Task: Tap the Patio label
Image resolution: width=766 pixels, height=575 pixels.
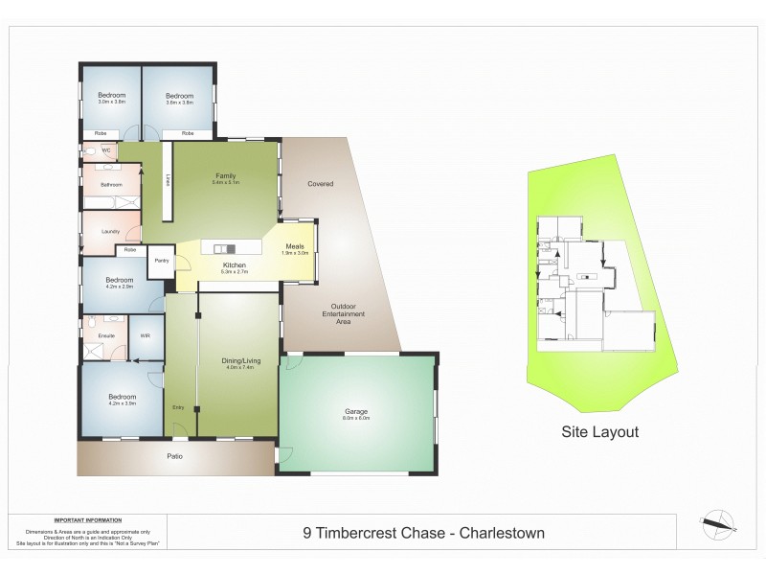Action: (x=174, y=455)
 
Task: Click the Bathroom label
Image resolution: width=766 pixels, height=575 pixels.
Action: (x=111, y=184)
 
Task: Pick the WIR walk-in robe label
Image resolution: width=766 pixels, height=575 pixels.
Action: (x=146, y=336)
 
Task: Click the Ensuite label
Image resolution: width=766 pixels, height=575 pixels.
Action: (x=106, y=336)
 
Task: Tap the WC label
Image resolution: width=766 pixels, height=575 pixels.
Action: (x=106, y=151)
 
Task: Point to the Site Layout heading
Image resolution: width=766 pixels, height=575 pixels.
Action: (x=599, y=432)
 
